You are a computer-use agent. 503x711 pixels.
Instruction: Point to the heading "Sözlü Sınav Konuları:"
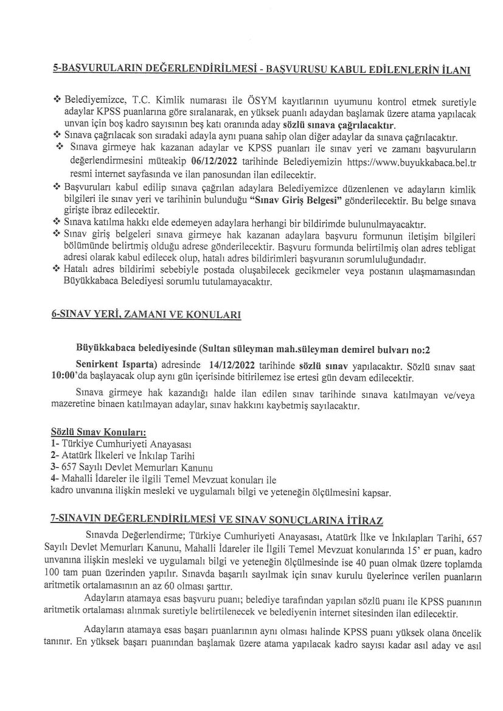98,432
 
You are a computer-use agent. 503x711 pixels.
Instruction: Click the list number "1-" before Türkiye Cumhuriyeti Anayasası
55,443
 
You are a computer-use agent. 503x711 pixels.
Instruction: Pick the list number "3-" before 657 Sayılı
55,467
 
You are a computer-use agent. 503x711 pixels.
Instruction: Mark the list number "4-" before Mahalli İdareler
55,479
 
